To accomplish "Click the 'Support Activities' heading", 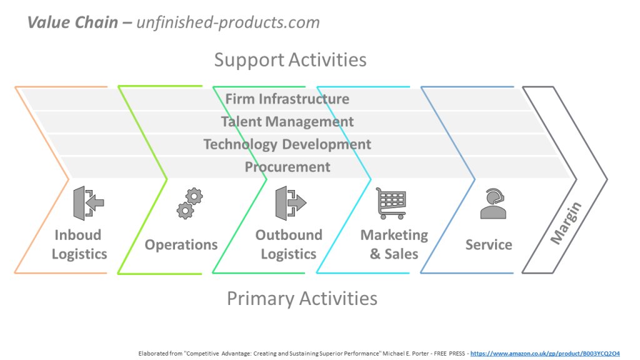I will [290, 60].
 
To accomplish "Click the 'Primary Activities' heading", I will [302, 298].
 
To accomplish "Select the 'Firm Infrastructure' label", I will [287, 99].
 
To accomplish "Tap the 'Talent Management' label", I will [287, 122].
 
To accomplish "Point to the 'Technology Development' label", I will [287, 144].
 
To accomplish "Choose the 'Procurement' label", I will [287, 167].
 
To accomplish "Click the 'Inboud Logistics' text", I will [79, 244].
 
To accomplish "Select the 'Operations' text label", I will [181, 244].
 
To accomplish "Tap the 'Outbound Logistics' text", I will [289, 244].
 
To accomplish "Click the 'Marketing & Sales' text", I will [394, 244].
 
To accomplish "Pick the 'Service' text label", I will [488, 244].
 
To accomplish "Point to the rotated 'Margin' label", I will [566, 223].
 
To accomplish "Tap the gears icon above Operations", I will [189, 204].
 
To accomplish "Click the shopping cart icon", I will [391, 203].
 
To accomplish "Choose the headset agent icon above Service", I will [492, 204].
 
